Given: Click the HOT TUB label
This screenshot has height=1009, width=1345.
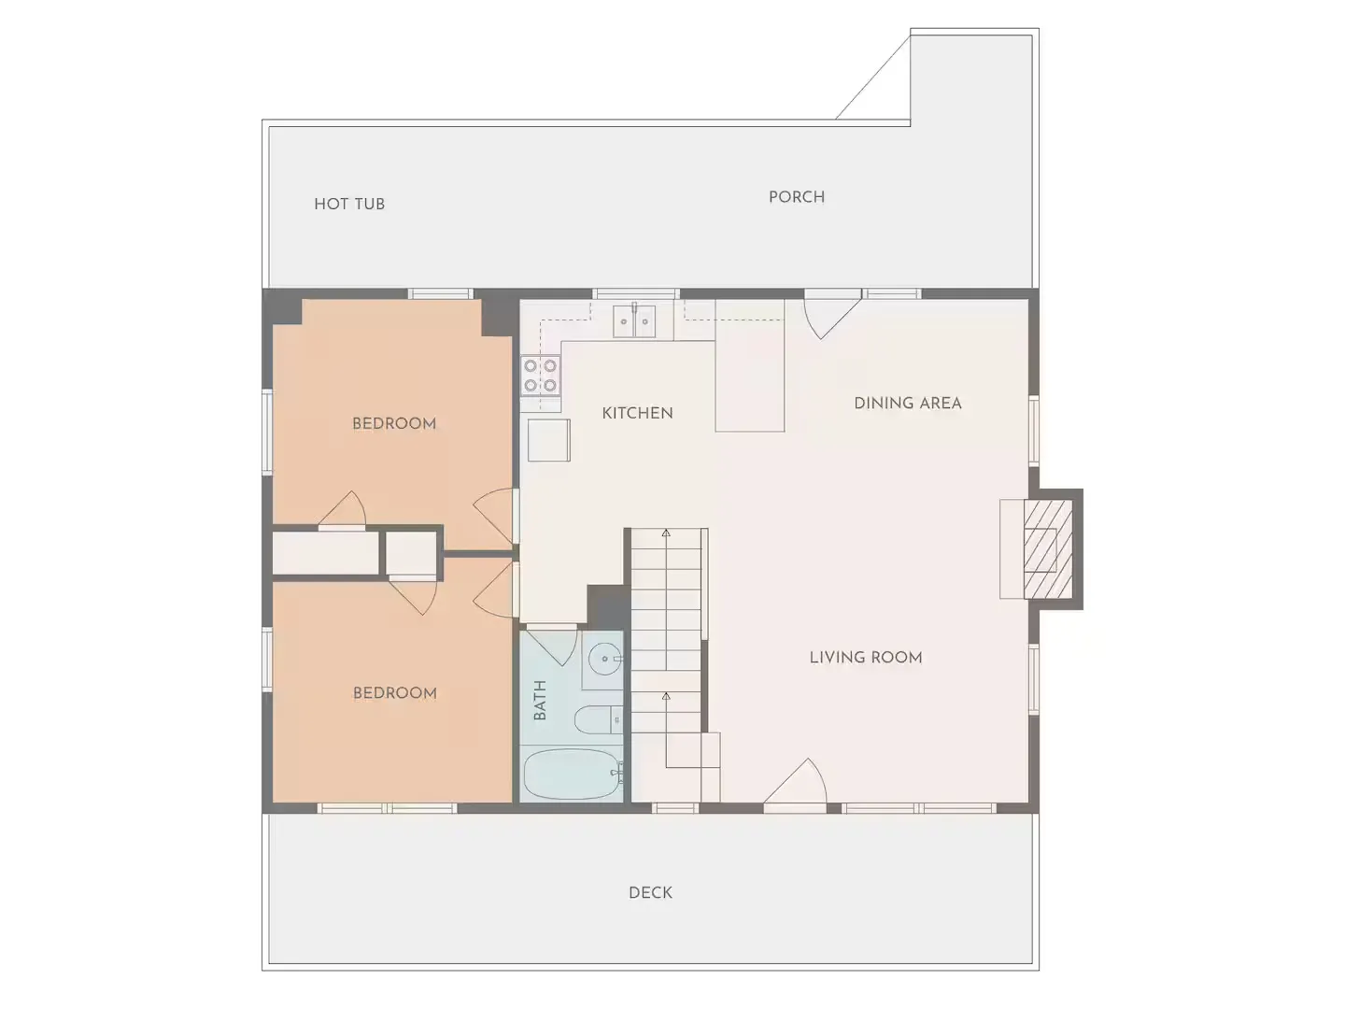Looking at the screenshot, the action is click(x=349, y=204).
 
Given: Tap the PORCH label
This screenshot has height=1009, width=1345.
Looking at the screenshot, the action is click(x=797, y=196).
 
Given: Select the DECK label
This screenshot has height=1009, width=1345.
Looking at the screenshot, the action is click(x=650, y=892).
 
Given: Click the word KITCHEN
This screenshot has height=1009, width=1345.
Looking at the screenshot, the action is click(x=637, y=413).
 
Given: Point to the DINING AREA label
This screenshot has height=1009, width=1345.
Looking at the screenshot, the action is click(x=908, y=403).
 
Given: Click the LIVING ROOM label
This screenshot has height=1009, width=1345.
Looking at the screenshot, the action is click(x=866, y=658).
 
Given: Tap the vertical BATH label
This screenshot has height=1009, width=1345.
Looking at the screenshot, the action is click(x=540, y=700).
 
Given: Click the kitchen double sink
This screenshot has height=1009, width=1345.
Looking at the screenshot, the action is click(x=634, y=320).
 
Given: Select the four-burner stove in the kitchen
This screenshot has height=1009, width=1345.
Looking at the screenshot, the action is click(x=541, y=376).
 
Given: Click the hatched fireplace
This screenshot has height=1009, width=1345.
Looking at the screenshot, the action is click(x=1048, y=549).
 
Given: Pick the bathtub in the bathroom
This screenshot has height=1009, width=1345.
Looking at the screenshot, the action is click(x=573, y=774).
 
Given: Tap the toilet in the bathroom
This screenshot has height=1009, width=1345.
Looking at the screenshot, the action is click(x=599, y=719).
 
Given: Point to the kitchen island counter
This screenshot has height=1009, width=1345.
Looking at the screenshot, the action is click(x=750, y=365).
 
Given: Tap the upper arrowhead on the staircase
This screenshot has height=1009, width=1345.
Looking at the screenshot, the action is click(x=666, y=533).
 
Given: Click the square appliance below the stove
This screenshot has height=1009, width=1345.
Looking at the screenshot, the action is click(x=549, y=440).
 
